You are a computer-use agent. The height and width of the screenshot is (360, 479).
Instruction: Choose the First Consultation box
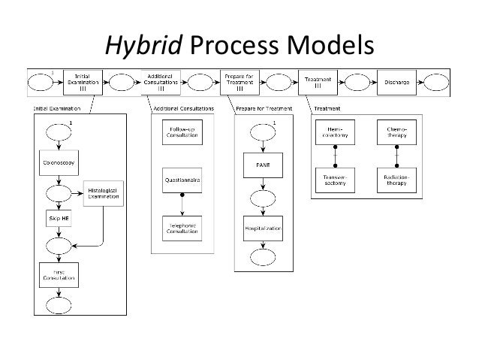click(x=60, y=274)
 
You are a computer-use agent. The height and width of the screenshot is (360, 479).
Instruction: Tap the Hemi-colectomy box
click(x=336, y=134)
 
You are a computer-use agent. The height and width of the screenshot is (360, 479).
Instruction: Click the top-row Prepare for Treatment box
click(x=236, y=81)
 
